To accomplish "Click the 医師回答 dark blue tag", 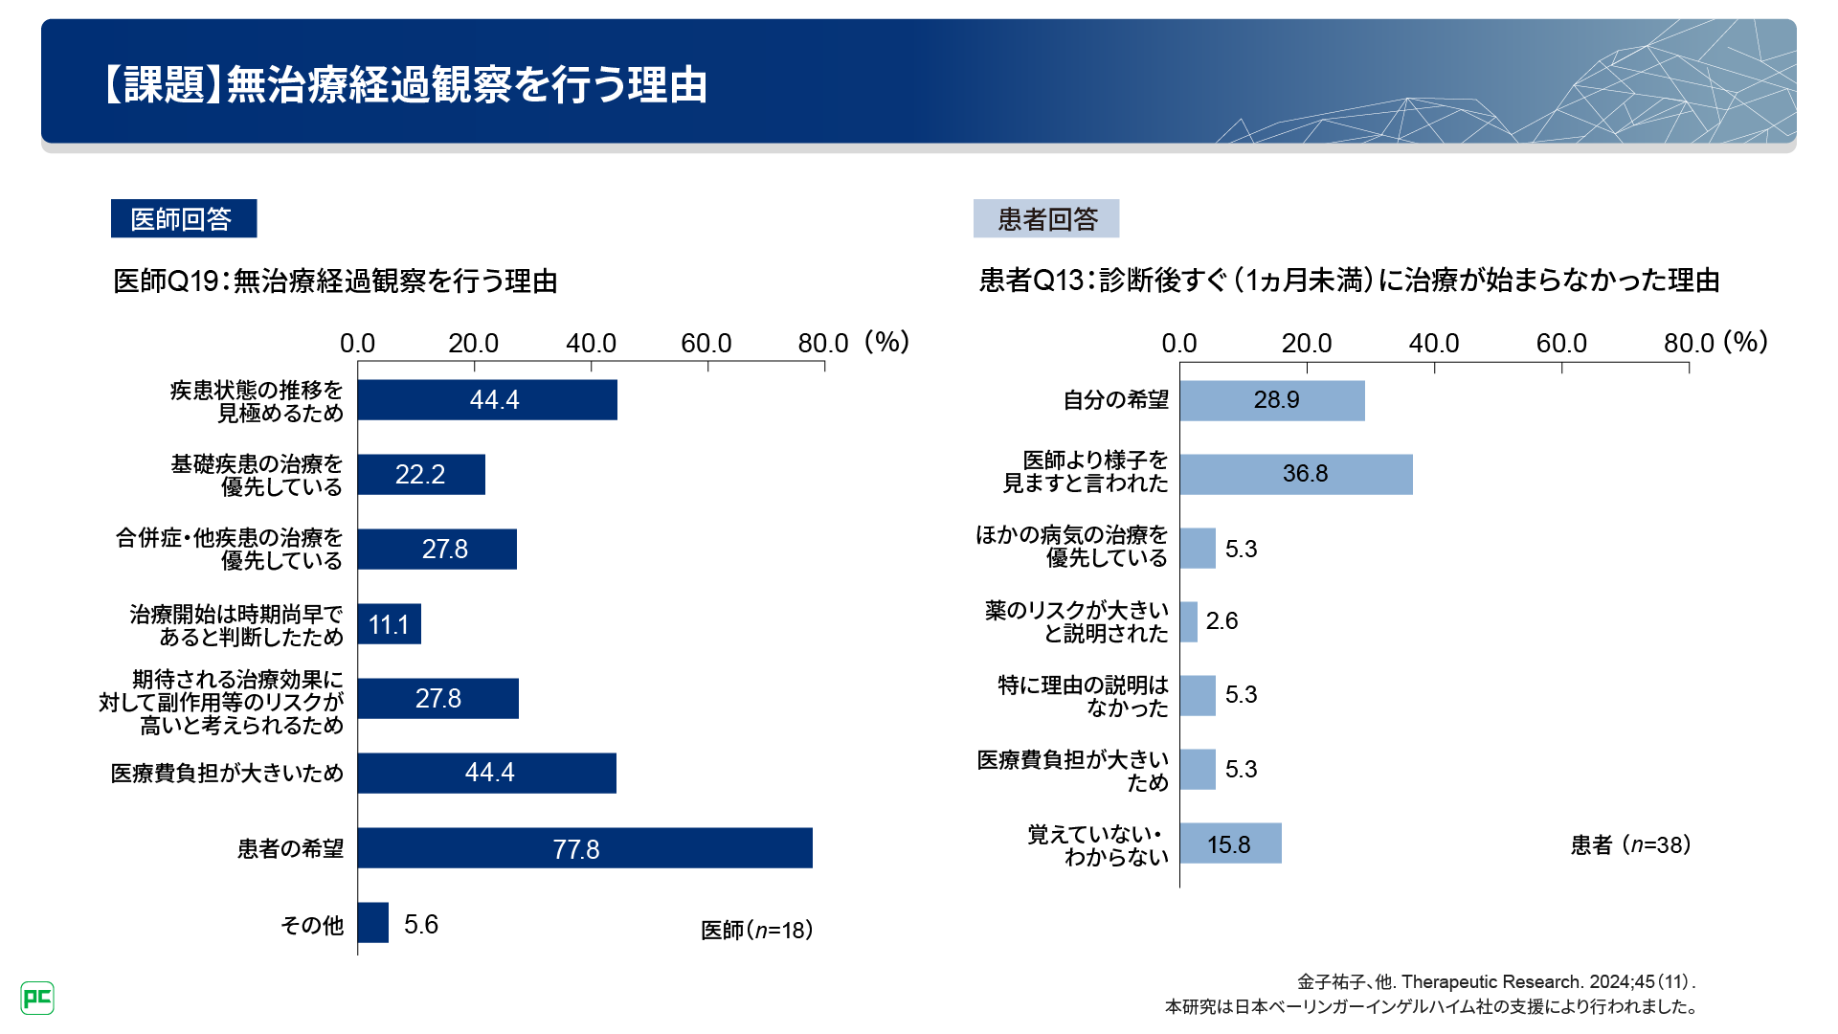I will tap(183, 218).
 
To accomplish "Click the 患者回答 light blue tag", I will tap(1046, 218).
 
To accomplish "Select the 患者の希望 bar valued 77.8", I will tap(584, 848).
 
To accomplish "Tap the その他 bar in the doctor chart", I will tap(373, 923).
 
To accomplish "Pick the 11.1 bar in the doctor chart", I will tap(389, 624).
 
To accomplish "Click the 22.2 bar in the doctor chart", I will tap(421, 475).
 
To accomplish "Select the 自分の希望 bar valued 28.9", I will tap(1272, 400).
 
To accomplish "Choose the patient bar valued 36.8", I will tap(1296, 475).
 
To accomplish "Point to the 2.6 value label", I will tap(1222, 621).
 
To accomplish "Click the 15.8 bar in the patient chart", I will tap(1230, 843).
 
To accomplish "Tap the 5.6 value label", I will tap(421, 924).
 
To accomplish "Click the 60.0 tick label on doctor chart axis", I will tap(706, 344).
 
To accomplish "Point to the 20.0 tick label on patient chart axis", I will tap(1306, 344).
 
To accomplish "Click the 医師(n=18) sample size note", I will tap(756, 930).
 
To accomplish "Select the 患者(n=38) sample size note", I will tap(1630, 844).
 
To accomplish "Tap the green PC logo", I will tap(37, 999).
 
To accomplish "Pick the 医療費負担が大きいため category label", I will tap(227, 774).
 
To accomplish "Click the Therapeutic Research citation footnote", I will tap(1496, 981).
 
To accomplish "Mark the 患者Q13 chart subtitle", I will tap(1349, 281).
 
